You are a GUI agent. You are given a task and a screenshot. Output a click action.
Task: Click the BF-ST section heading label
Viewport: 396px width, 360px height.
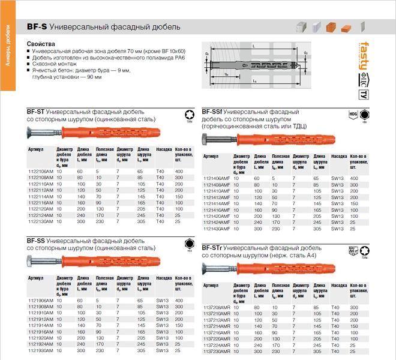coord(35,112)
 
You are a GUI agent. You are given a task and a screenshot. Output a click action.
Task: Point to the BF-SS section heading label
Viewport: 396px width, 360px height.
coord(35,241)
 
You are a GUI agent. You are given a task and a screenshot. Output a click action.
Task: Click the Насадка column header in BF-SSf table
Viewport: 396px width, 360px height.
coord(339,155)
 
